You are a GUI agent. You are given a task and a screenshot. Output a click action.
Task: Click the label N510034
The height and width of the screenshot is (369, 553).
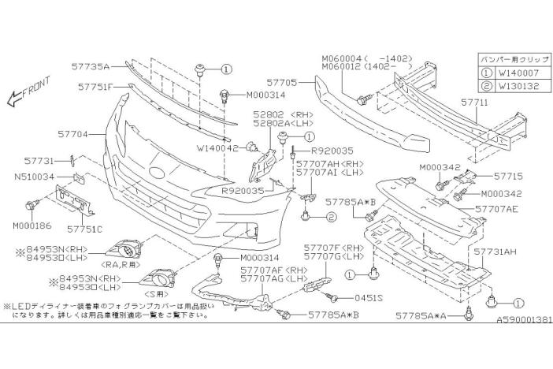pyautogui.click(x=33, y=177)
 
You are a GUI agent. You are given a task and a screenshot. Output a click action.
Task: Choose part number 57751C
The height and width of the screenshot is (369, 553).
pyautogui.click(x=84, y=229)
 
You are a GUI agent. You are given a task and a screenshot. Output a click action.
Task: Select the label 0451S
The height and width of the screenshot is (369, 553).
pyautogui.click(x=367, y=299)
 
